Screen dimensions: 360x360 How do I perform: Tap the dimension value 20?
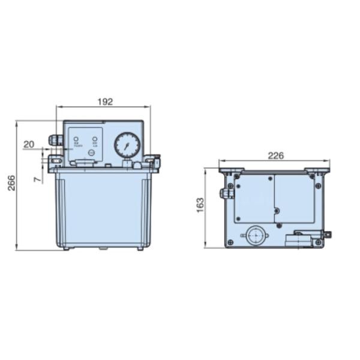click(29, 144)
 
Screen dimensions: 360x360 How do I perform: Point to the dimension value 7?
click(37, 179)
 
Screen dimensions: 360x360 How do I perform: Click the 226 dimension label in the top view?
click(275, 155)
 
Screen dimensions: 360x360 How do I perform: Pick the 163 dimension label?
click(200, 205)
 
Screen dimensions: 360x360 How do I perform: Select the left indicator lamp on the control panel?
click(76, 140)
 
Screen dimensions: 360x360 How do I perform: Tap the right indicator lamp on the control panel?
click(94, 140)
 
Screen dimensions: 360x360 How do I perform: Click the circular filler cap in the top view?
click(257, 235)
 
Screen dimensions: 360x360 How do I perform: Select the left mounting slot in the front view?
click(54, 161)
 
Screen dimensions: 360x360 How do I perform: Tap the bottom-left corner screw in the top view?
click(230, 242)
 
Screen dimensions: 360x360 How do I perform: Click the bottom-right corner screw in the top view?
click(318, 242)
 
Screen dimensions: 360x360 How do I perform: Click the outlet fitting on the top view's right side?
click(326, 235)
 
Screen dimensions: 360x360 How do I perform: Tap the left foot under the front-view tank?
click(65, 248)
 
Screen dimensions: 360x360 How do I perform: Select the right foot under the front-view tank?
click(140, 248)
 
